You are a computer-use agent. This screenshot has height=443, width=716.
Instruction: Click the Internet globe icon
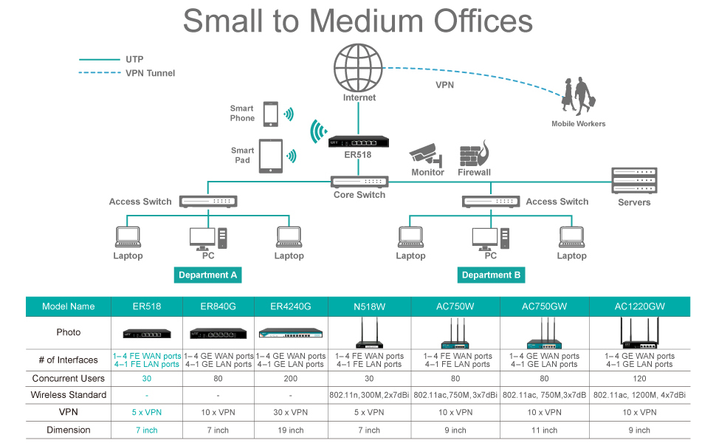pyautogui.click(x=359, y=67)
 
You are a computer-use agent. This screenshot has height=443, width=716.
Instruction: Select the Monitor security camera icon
pyautogui.click(x=427, y=154)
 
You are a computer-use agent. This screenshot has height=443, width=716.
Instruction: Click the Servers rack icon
pyautogui.click(x=634, y=181)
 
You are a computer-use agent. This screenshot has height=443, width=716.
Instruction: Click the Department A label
pyautogui.click(x=208, y=275)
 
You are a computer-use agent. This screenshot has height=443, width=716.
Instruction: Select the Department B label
pyautogui.click(x=491, y=275)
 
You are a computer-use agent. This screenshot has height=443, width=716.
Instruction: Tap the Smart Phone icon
pyautogui.click(x=270, y=114)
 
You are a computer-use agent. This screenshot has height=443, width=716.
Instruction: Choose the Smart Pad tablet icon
pyautogui.click(x=270, y=156)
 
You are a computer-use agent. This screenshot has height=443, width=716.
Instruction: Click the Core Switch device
pyautogui.click(x=359, y=182)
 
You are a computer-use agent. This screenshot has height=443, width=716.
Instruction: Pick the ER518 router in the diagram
pyautogui.click(x=358, y=141)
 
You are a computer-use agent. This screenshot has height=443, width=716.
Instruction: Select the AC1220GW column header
pyautogui.click(x=639, y=306)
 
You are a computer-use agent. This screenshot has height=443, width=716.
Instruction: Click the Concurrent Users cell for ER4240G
pyautogui.click(x=291, y=378)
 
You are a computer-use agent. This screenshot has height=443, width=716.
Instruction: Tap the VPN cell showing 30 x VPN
pyautogui.click(x=291, y=412)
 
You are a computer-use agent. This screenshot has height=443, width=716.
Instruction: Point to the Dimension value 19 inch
pyautogui.click(x=291, y=430)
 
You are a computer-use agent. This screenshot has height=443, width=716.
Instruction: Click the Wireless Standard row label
pyautogui.click(x=69, y=395)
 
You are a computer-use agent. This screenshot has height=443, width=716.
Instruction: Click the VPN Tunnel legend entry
pyautogui.click(x=151, y=73)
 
